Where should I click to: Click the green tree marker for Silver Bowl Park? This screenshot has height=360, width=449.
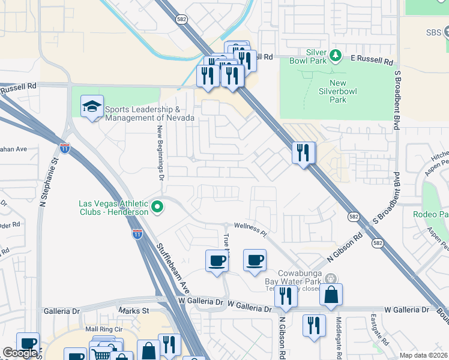336,56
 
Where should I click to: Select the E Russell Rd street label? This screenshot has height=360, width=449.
372,61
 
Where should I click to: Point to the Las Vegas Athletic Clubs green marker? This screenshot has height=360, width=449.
158,208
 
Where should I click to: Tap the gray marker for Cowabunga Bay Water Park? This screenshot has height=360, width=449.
331,278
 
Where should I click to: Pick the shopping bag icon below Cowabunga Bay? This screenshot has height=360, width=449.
331,295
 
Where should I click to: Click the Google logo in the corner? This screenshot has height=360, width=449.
20,353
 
